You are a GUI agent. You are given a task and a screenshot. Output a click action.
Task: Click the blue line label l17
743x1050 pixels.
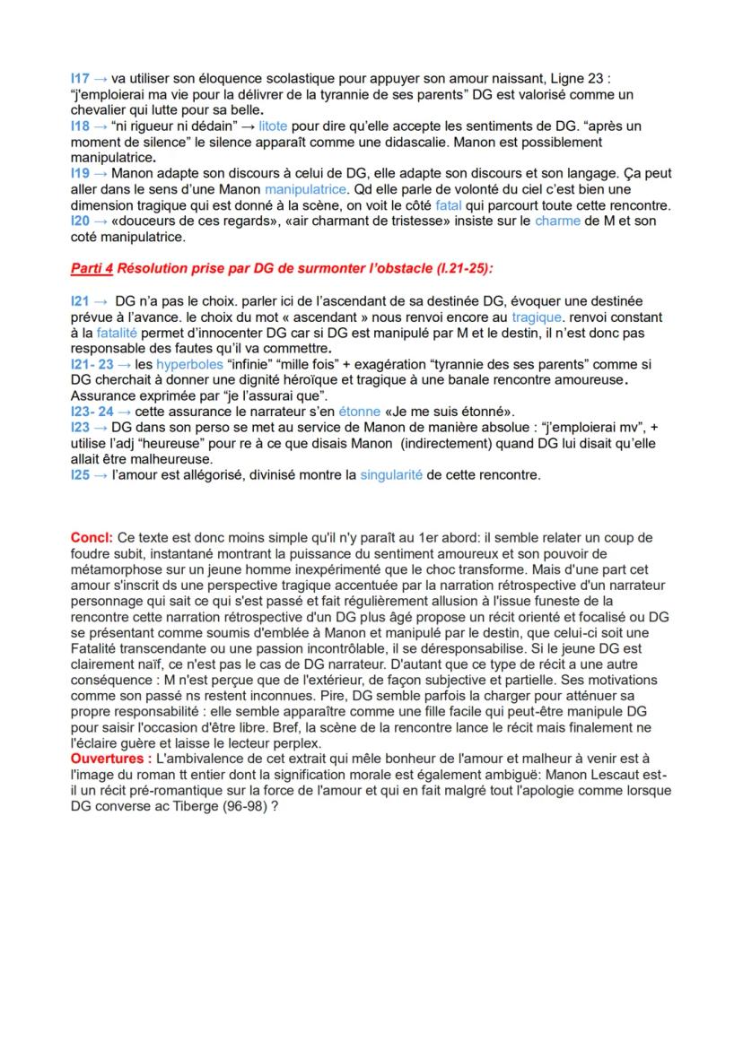(78, 79)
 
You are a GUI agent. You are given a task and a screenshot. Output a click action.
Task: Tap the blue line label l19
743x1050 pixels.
(79, 173)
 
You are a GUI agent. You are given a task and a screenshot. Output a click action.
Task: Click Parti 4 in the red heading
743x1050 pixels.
(92, 267)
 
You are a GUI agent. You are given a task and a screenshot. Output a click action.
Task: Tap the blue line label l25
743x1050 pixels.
(79, 474)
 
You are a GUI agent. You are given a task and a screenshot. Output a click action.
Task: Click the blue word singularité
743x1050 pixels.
(390, 474)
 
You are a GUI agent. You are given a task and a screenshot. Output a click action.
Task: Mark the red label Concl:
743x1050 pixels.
(89, 537)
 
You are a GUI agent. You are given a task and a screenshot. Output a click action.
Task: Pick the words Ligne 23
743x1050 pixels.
(581, 79)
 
